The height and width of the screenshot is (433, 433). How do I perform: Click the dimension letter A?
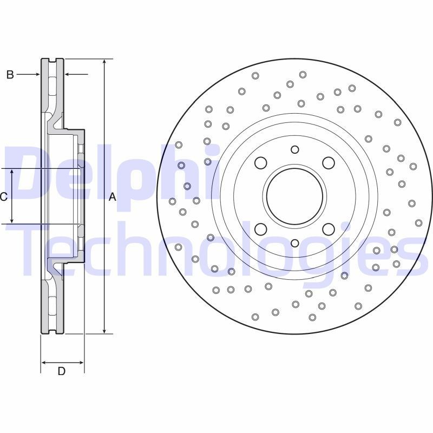point(113,197)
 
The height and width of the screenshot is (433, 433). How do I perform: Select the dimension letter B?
point(10,75)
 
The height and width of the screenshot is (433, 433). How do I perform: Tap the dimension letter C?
point(3,197)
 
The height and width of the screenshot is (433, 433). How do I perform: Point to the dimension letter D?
point(62,371)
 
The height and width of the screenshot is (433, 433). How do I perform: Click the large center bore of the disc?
point(294,196)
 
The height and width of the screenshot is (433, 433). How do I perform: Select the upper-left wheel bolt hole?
point(261,163)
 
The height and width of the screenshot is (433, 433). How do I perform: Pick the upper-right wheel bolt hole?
point(328,163)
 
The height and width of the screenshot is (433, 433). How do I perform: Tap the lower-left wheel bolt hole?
point(261,229)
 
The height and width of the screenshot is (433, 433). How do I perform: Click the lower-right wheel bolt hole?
point(328,229)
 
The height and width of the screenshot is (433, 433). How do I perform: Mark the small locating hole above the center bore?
point(294,149)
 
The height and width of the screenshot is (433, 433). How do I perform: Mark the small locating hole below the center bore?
point(294,243)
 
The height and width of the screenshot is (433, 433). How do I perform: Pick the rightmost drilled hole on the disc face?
point(418,222)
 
